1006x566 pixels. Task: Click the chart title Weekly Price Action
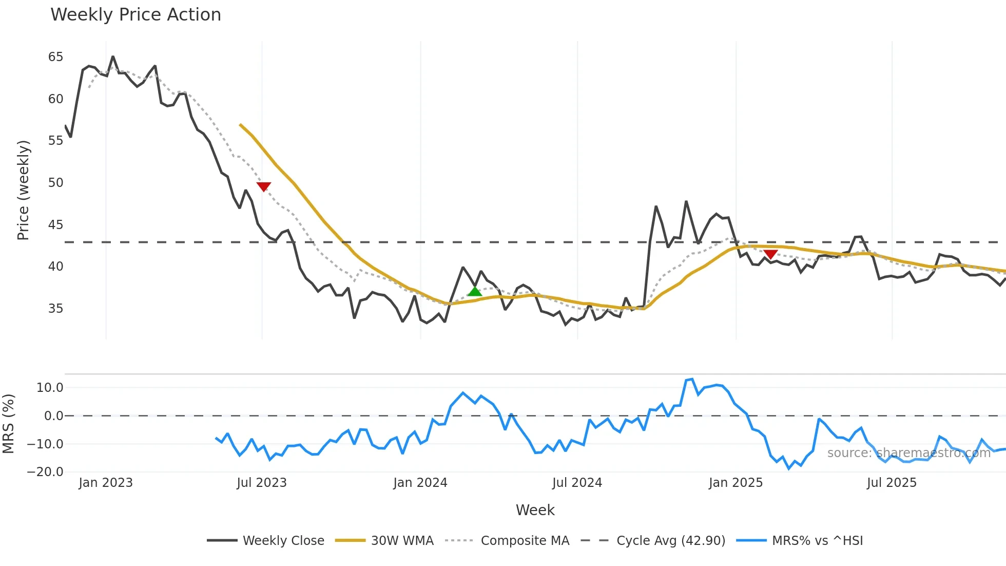[x=136, y=15]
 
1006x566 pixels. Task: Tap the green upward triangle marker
[x=475, y=292]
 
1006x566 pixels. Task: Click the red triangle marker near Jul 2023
[x=263, y=186]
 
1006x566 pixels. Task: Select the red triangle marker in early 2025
[x=770, y=254]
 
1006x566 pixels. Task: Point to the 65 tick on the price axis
[x=55, y=57]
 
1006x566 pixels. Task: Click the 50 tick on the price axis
[x=55, y=183]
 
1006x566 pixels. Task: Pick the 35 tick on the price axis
[x=55, y=309]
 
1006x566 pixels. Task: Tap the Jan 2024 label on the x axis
[x=420, y=483]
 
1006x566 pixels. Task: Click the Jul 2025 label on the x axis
[x=892, y=483]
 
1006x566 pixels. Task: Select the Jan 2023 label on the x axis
[x=106, y=483]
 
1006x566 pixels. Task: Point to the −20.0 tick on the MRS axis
[x=45, y=472]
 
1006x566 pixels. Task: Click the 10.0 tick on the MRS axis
[x=50, y=388]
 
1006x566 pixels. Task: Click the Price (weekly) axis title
[x=23, y=190]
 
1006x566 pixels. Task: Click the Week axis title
[x=535, y=510]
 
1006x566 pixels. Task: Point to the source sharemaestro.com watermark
[x=908, y=453]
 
